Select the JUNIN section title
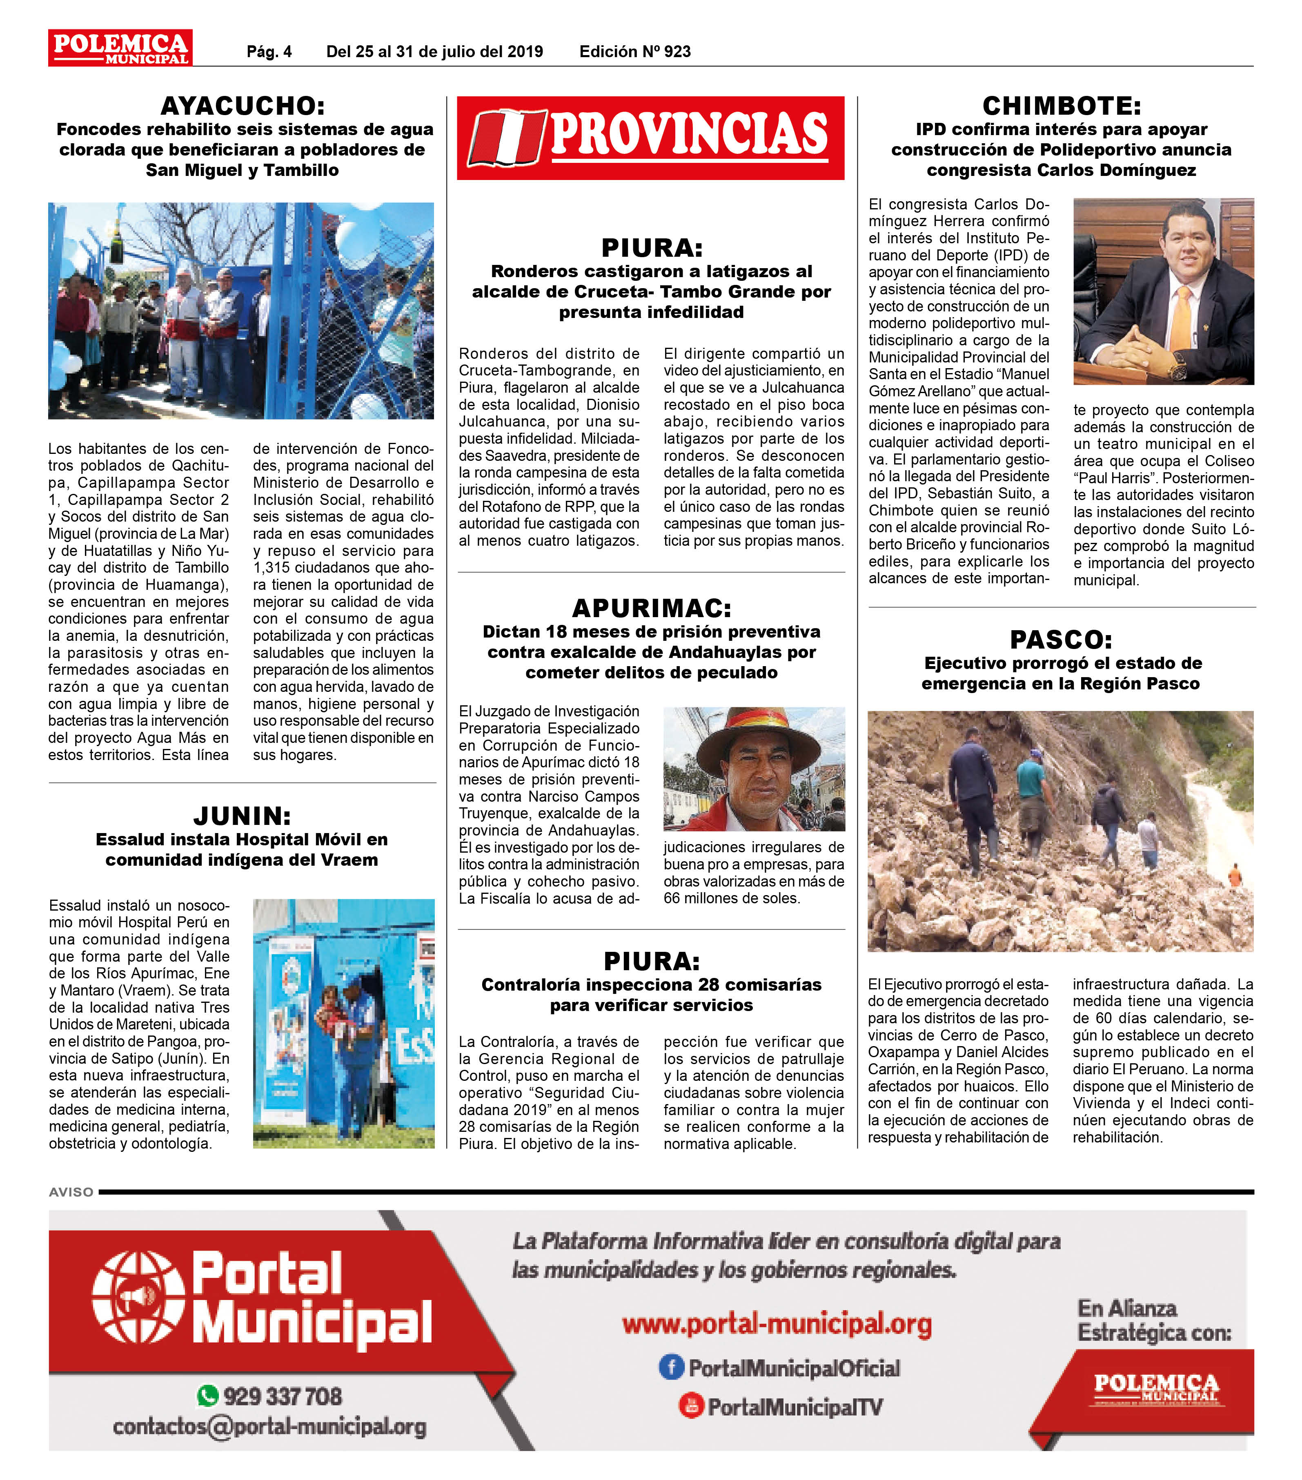pos(242,816)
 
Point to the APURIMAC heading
pos(651,607)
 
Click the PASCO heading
pos(1061,640)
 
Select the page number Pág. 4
pos(269,51)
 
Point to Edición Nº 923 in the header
pos(634,51)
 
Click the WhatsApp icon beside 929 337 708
pos(208,1395)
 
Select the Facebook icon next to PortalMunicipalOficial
pos(671,1367)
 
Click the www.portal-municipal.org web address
pos(776,1324)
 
